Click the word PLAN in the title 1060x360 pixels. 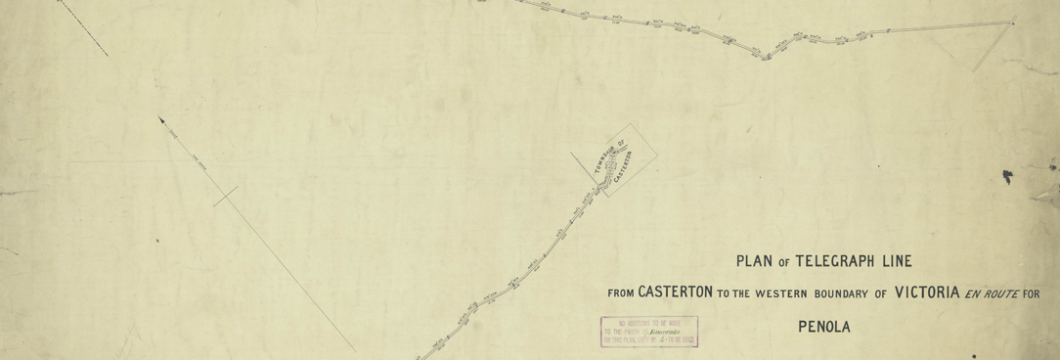756,261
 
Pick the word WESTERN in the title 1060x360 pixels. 775,293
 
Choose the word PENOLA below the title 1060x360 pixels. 824,327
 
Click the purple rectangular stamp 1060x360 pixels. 649,333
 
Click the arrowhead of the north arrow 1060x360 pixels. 162,120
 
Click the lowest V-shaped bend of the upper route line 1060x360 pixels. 765,56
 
